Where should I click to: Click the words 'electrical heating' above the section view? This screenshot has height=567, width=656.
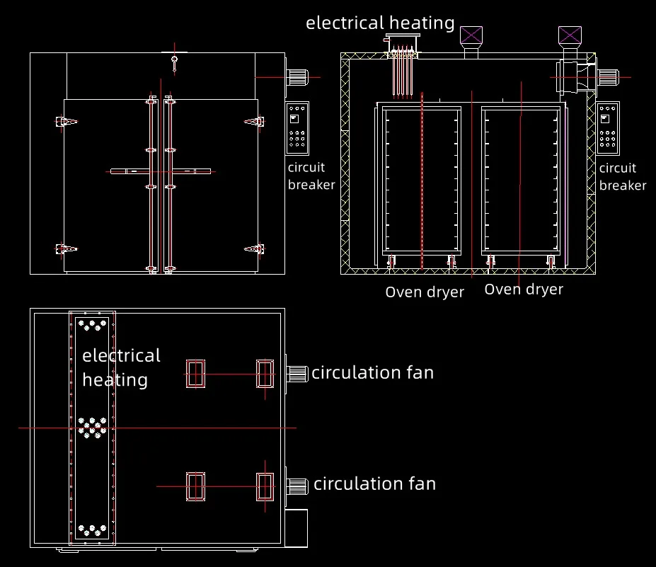point(380,23)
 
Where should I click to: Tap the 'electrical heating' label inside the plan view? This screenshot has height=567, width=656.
point(121,367)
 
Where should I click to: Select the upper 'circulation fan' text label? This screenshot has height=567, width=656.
point(372,372)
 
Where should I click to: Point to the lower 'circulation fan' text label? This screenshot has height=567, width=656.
point(374,484)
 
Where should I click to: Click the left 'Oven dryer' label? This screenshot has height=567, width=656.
point(425,292)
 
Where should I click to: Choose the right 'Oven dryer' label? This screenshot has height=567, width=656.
point(524,290)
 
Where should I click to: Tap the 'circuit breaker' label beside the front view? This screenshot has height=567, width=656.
point(311,176)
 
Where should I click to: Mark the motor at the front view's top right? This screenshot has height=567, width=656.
point(297,77)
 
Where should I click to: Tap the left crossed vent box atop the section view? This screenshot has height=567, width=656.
point(471,35)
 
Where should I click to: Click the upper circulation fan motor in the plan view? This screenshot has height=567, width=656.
point(297,373)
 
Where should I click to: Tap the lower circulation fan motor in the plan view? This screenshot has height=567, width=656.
point(297,486)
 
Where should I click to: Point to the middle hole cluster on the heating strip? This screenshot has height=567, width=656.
point(93,427)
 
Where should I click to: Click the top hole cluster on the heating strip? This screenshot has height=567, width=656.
point(91,325)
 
